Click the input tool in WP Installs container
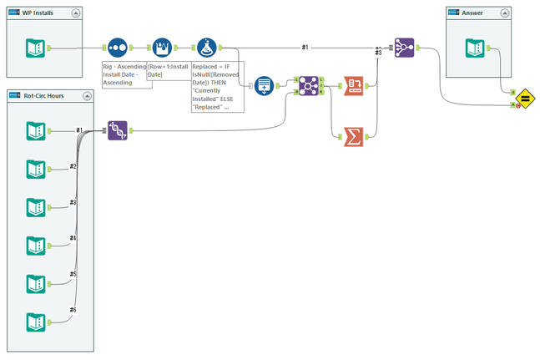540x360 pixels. [x=35, y=48]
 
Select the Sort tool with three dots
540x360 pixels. [x=119, y=48]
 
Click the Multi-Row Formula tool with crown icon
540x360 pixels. [x=162, y=48]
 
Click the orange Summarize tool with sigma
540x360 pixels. [x=356, y=134]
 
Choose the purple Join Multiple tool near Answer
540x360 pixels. [x=404, y=48]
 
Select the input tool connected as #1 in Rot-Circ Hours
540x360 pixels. [x=35, y=130]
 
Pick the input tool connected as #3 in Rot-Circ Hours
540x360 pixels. [x=35, y=206]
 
